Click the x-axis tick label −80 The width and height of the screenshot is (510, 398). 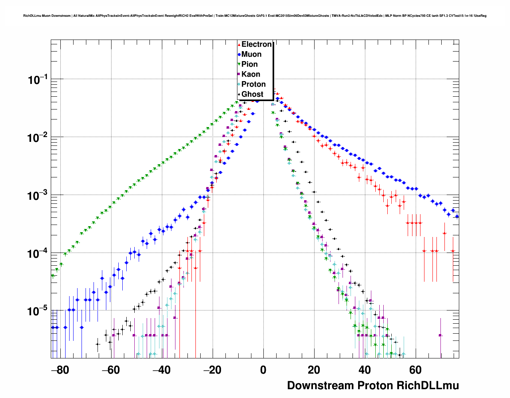click(60, 370)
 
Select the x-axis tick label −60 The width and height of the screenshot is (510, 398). click(111, 370)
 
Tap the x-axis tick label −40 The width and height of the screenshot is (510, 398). click(161, 370)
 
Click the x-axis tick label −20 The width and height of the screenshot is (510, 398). click(212, 370)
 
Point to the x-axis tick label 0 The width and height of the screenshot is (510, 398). click(263, 370)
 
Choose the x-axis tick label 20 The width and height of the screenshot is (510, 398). click(314, 370)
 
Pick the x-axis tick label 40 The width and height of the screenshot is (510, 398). click(365, 370)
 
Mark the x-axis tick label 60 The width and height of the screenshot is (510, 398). click(415, 370)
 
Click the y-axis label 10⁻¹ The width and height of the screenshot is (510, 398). click(38, 80)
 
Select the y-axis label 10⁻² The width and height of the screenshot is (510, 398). click(38, 138)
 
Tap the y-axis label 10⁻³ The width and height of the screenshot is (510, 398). click(38, 196)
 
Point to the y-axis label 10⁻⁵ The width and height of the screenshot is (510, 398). click(38, 311)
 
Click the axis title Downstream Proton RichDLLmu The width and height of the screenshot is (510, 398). click(373, 386)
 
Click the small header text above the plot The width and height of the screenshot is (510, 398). click(255, 16)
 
